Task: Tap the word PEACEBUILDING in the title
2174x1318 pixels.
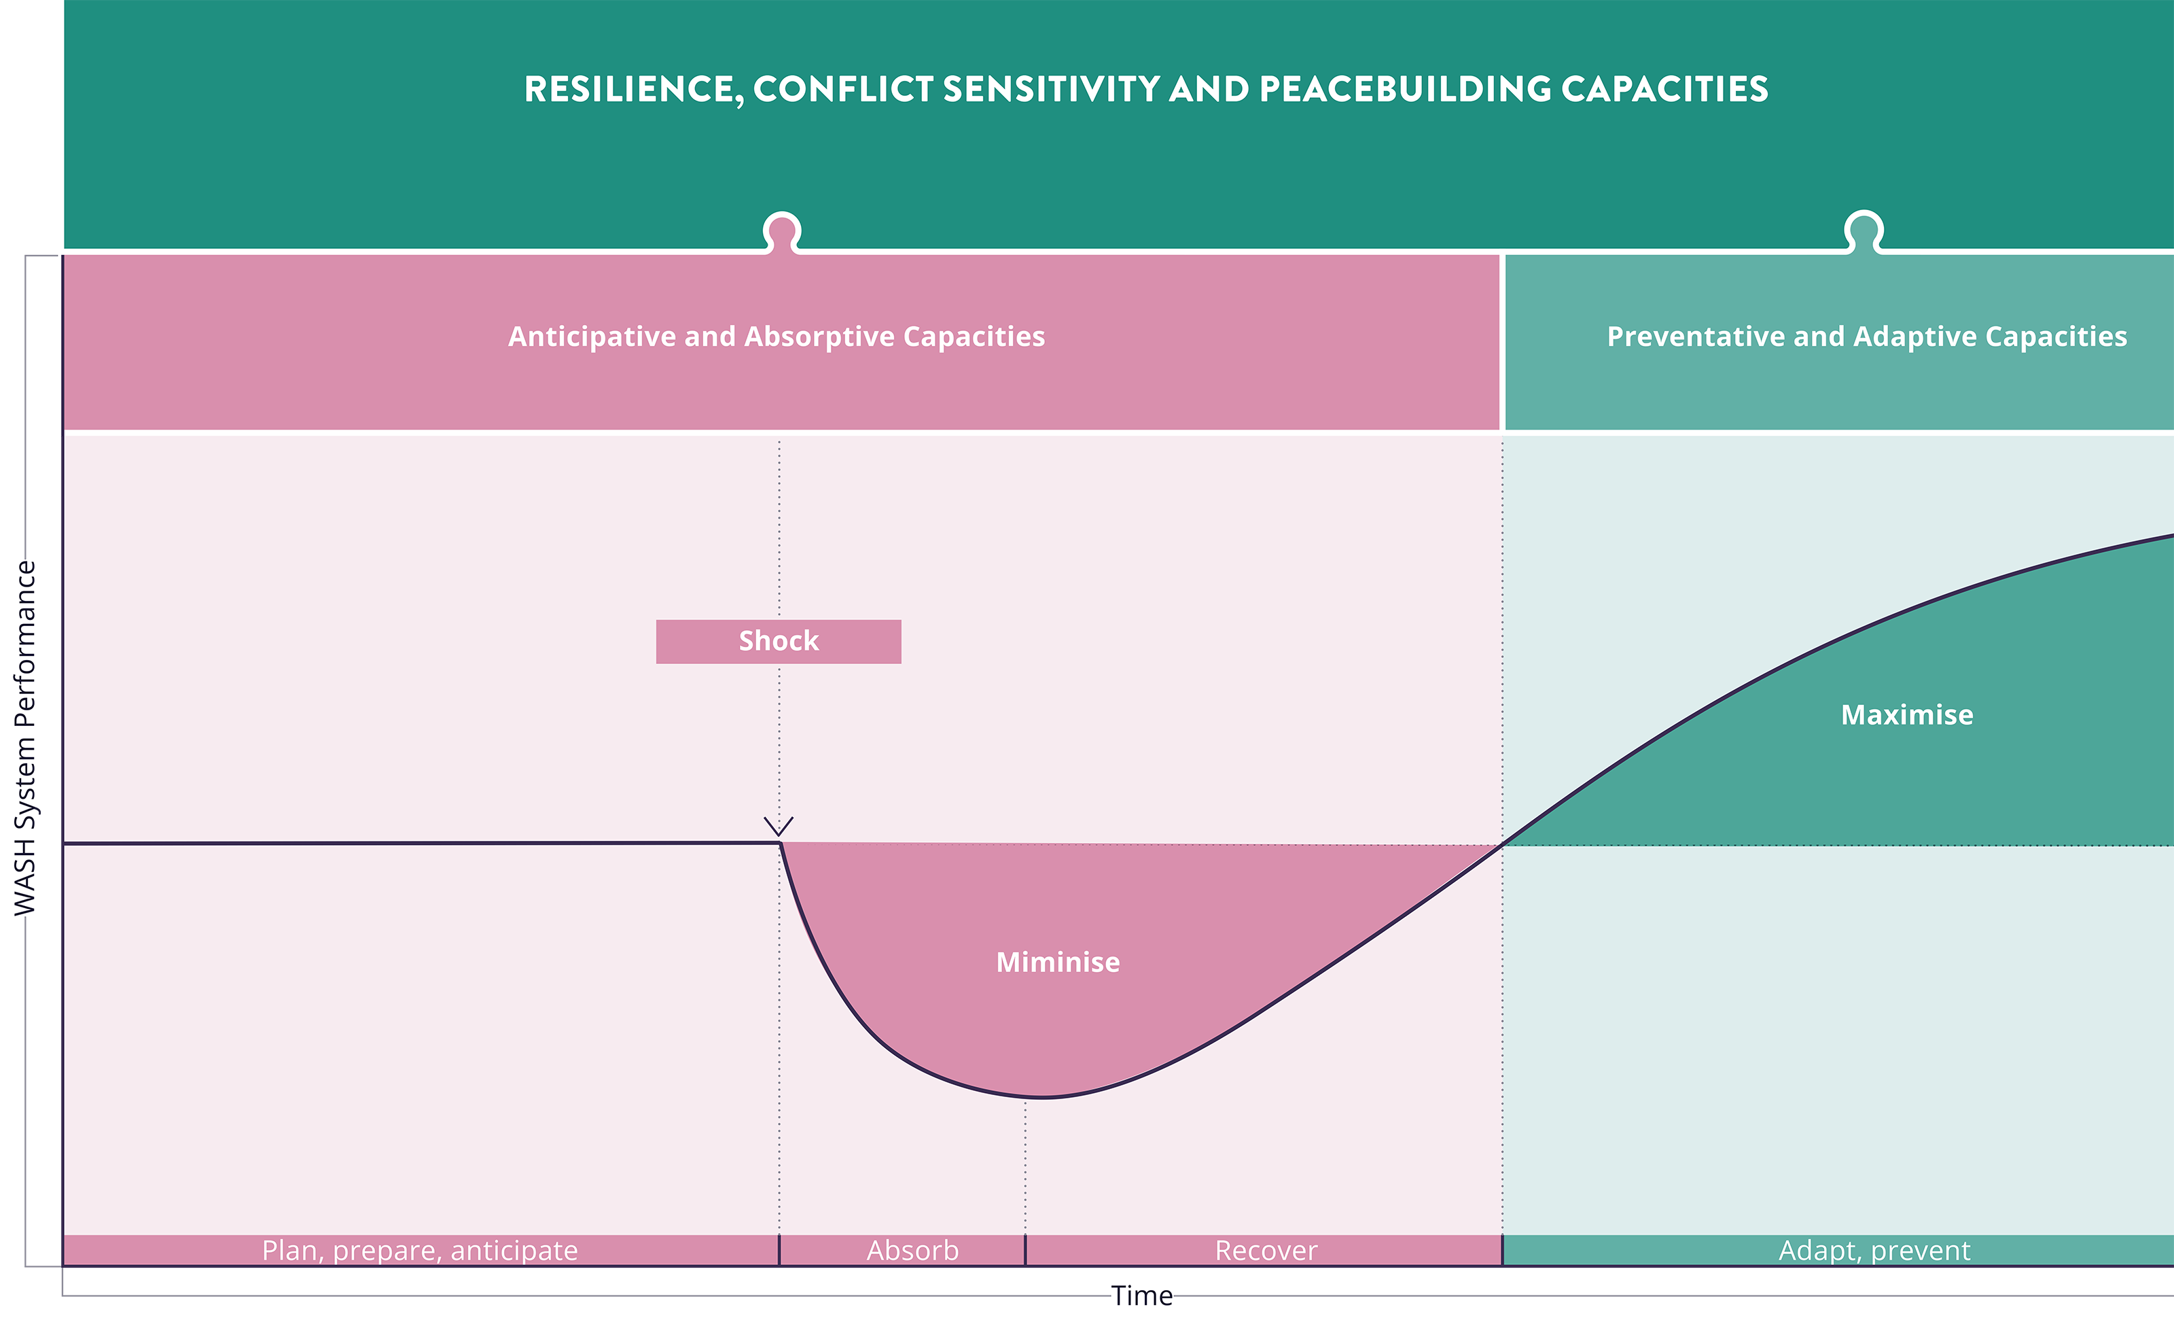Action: tap(1405, 89)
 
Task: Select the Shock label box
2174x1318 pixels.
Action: tap(778, 641)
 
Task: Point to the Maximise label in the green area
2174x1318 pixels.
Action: tap(1906, 714)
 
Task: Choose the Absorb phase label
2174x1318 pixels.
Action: tap(912, 1250)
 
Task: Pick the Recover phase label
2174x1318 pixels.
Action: tap(1266, 1250)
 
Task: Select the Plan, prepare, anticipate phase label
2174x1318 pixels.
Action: tap(420, 1251)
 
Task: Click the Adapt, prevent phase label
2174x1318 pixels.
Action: tap(1874, 1251)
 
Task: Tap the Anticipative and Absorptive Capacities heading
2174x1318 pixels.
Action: tap(777, 336)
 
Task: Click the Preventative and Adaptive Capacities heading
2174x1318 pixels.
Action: tap(1867, 336)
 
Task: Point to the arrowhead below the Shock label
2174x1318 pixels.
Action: tap(778, 827)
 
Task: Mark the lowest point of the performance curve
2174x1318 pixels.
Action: tap(1043, 1097)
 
